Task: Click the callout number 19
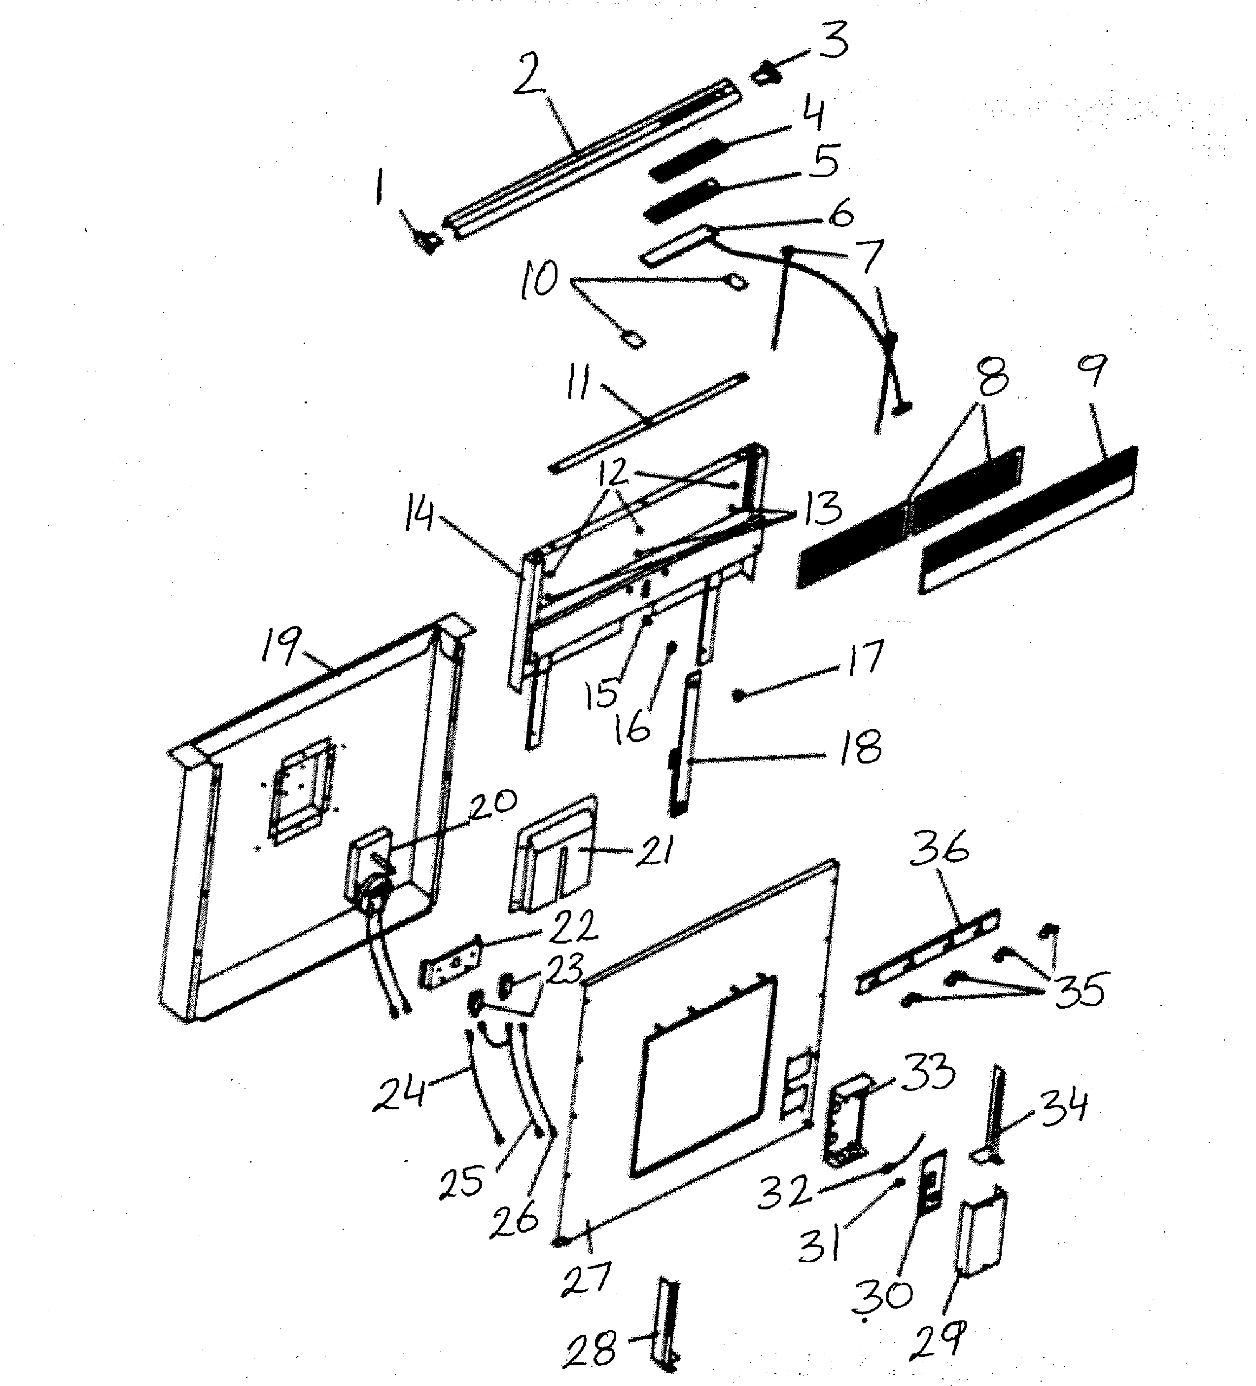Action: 280,646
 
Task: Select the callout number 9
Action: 1092,371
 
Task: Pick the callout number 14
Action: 419,514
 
